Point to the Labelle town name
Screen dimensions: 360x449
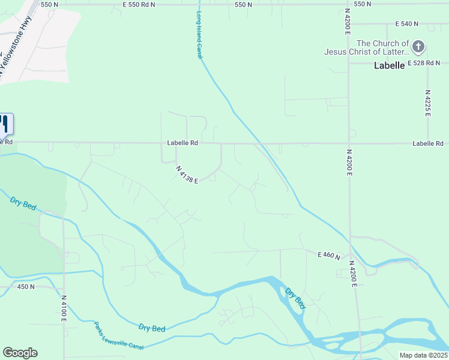coord(389,65)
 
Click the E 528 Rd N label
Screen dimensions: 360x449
coord(424,63)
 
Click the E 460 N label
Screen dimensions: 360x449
coord(329,256)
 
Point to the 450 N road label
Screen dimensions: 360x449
coord(26,287)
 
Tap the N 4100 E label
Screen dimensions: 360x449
coord(64,307)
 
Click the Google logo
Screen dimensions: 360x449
coord(20,353)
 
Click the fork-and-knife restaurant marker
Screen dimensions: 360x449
coord(5,124)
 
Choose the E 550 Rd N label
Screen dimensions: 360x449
coord(139,4)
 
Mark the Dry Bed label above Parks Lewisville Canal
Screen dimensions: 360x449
coord(151,328)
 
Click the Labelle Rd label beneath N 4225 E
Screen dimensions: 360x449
coord(427,143)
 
